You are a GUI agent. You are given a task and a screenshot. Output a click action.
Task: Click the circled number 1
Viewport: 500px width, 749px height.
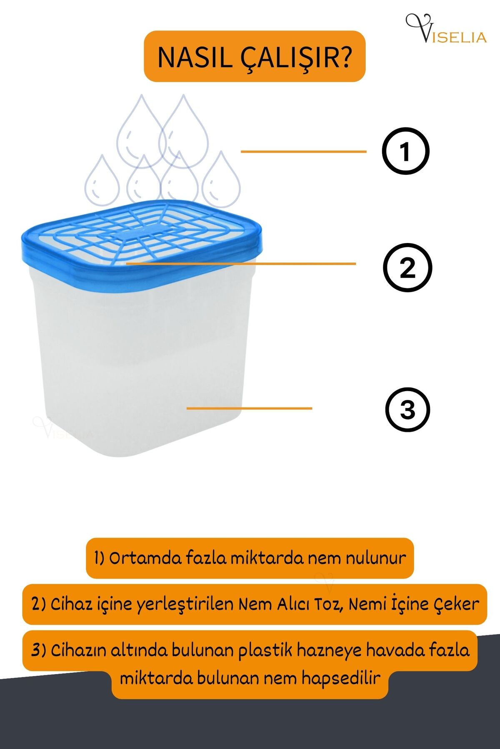click(x=405, y=151)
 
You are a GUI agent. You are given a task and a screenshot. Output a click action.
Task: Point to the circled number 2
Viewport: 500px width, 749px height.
click(x=407, y=267)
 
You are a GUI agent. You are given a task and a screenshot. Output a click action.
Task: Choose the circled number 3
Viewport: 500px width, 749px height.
click(x=407, y=409)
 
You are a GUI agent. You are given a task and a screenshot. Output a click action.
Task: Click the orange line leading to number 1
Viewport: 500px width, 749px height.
click(x=303, y=151)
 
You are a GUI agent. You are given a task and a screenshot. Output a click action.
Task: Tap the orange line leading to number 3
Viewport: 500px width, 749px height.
click(x=249, y=408)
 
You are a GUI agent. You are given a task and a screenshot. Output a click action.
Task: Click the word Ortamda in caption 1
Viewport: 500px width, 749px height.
click(x=145, y=558)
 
